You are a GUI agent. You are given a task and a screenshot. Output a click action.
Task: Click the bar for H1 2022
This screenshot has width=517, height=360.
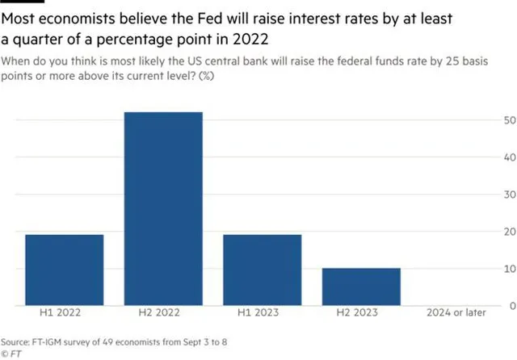click(x=65, y=270)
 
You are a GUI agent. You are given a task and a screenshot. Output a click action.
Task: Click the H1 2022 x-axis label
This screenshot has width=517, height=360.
click(x=65, y=313)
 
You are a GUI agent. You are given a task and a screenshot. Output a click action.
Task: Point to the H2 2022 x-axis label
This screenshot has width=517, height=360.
click(x=163, y=313)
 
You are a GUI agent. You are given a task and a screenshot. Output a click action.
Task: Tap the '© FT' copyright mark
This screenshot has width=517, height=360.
click(x=11, y=353)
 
